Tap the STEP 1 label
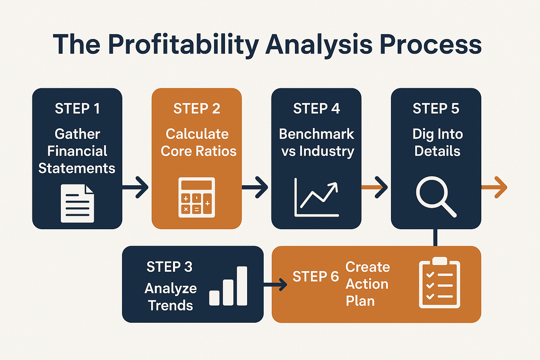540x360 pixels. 77,109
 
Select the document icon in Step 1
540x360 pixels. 77,204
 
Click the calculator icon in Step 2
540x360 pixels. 197,198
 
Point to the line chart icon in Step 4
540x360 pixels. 316,197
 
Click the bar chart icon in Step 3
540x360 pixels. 228,286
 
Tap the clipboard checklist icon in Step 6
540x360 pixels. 439,283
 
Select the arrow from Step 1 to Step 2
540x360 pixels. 135,187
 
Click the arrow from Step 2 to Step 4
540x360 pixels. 255,187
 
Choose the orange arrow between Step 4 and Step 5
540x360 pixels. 374,187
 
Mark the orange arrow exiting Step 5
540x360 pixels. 494,187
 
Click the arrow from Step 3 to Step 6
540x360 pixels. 275,284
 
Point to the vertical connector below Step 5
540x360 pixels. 435,238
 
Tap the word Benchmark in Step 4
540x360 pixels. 316,134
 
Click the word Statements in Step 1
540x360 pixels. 77,168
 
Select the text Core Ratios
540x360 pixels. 199,151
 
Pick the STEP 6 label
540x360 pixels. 316,276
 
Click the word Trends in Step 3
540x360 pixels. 171,305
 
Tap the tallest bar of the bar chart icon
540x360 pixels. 242,286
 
